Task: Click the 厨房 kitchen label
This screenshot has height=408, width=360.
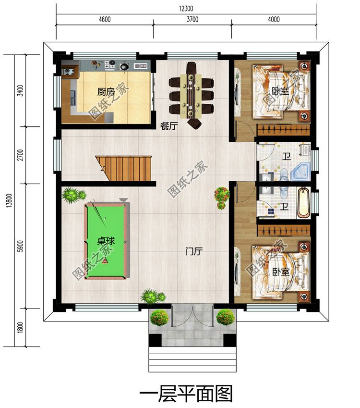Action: tap(105, 92)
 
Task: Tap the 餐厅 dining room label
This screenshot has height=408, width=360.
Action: tap(169, 126)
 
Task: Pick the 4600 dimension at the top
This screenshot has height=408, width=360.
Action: tap(105, 20)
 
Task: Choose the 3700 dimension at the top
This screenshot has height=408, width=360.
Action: tap(192, 20)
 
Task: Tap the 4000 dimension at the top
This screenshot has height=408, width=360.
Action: tap(274, 20)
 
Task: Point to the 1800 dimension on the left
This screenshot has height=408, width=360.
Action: tap(19, 327)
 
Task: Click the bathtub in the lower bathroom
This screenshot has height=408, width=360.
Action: tap(303, 202)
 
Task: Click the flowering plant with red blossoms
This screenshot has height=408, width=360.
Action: tap(222, 197)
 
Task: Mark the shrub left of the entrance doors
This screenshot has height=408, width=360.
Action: tap(159, 317)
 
